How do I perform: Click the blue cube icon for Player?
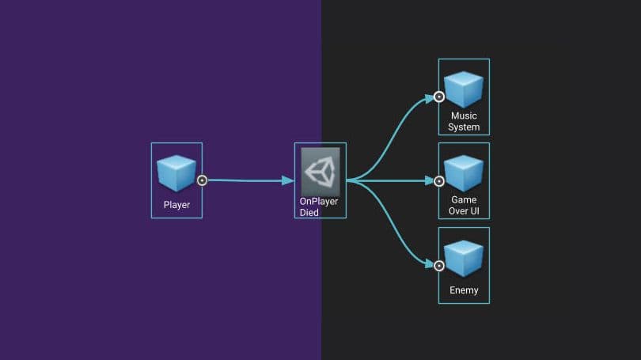176,172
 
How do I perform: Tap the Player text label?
176,206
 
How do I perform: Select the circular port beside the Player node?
202,180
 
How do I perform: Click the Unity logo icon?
320,172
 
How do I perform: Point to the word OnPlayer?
319,202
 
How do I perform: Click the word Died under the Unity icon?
309,213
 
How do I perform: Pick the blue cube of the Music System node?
463,89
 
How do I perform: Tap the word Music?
464,116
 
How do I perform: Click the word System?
464,127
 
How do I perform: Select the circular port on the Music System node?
439,97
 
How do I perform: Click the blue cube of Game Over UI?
463,173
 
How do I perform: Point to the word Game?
464,200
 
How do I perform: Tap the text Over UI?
464,211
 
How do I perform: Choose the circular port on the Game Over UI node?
439,181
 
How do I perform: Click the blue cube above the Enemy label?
463,258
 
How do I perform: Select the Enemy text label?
464,290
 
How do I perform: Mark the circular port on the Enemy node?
439,265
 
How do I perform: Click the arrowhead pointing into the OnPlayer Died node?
289,180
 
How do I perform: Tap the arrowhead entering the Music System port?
429,98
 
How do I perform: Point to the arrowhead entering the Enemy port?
429,264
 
